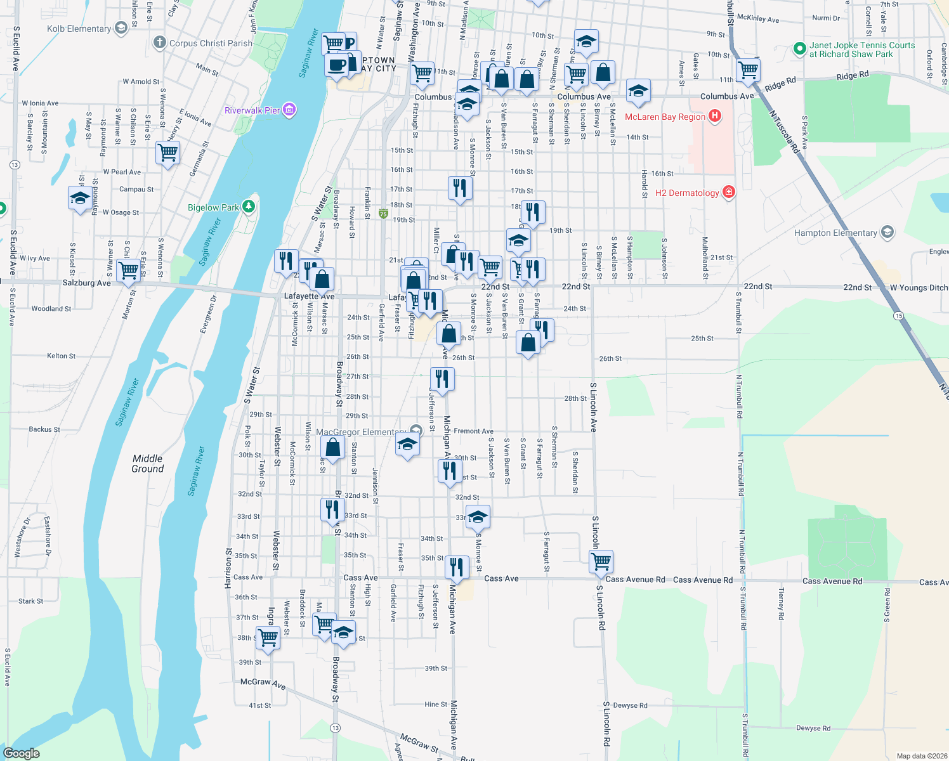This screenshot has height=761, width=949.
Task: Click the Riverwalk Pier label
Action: (x=252, y=110)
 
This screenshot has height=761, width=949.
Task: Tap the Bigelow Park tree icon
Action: (x=249, y=206)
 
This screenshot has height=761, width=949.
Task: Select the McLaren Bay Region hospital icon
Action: (x=715, y=115)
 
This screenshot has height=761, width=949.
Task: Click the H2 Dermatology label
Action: (x=687, y=193)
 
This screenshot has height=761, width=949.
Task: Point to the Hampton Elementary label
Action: (x=835, y=233)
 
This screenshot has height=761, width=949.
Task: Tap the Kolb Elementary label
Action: (x=79, y=29)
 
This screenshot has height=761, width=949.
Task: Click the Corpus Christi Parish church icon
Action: (x=160, y=42)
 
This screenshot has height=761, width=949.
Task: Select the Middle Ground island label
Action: (x=148, y=464)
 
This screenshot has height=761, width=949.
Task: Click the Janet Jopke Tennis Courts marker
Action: (x=800, y=48)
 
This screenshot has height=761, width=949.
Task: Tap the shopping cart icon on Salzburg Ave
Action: (x=129, y=270)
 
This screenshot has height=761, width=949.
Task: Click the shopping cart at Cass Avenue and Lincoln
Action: (x=600, y=561)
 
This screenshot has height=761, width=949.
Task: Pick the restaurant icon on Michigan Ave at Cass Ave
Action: (x=457, y=567)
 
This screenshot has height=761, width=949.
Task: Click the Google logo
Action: (x=22, y=753)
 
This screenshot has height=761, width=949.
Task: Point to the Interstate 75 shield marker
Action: (x=383, y=214)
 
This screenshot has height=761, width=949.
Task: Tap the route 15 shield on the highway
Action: (x=898, y=315)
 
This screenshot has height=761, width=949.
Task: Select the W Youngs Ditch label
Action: (x=919, y=287)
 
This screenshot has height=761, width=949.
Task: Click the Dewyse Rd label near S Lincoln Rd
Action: (x=630, y=705)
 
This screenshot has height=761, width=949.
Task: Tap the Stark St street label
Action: (x=30, y=601)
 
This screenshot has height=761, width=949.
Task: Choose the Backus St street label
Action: (x=44, y=429)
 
